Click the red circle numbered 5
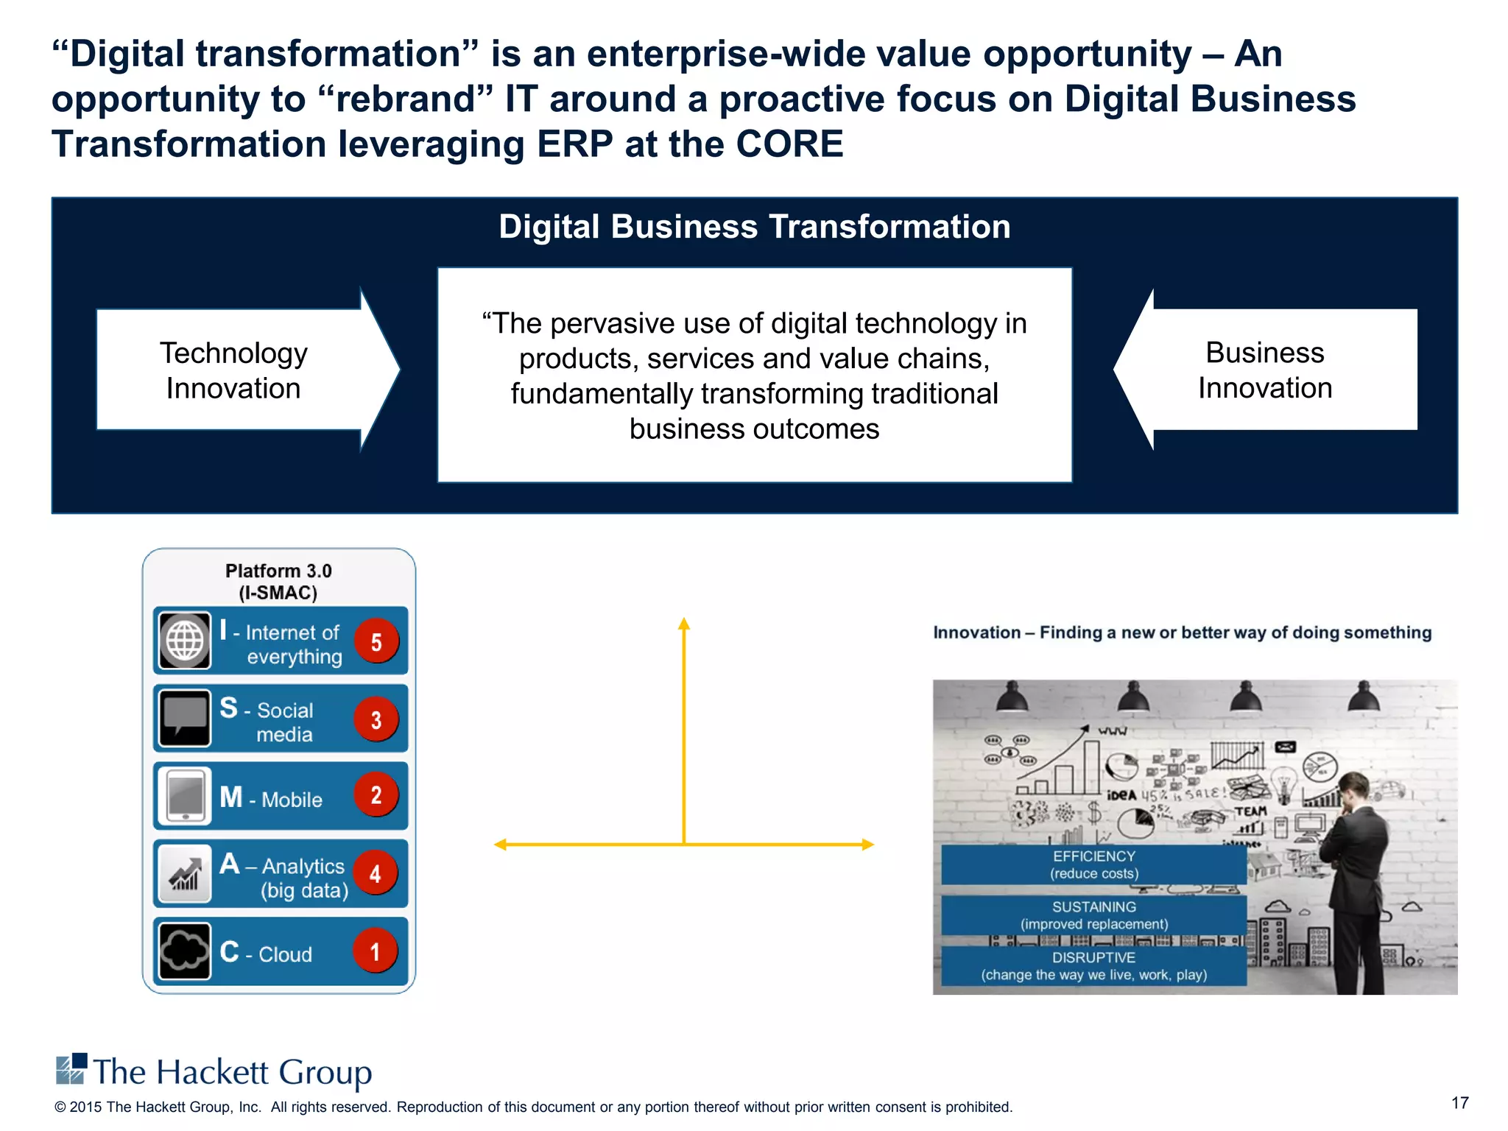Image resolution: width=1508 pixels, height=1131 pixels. (x=376, y=641)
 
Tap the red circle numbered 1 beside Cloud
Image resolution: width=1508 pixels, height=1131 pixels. (x=375, y=951)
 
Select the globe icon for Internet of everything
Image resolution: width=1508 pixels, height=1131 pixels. (x=185, y=641)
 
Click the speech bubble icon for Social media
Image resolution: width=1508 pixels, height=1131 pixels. (x=185, y=718)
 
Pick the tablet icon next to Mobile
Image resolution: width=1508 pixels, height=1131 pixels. (x=185, y=796)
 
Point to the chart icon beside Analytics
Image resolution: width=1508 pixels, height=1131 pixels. (x=185, y=873)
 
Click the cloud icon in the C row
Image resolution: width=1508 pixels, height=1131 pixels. (x=185, y=951)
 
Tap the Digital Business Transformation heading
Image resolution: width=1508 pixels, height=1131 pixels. (x=754, y=227)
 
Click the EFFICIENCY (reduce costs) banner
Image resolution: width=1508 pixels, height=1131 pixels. (x=1093, y=864)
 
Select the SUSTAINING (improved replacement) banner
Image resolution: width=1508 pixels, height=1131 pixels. (x=1093, y=915)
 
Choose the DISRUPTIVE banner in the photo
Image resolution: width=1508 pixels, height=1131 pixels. (x=1093, y=966)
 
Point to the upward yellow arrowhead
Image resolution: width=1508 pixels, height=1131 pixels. (x=684, y=624)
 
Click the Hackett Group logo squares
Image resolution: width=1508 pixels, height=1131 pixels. (x=71, y=1069)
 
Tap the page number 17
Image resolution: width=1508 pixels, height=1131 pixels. (x=1459, y=1102)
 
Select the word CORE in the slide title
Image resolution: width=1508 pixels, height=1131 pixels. (x=789, y=144)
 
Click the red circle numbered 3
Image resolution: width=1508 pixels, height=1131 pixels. (x=376, y=719)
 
